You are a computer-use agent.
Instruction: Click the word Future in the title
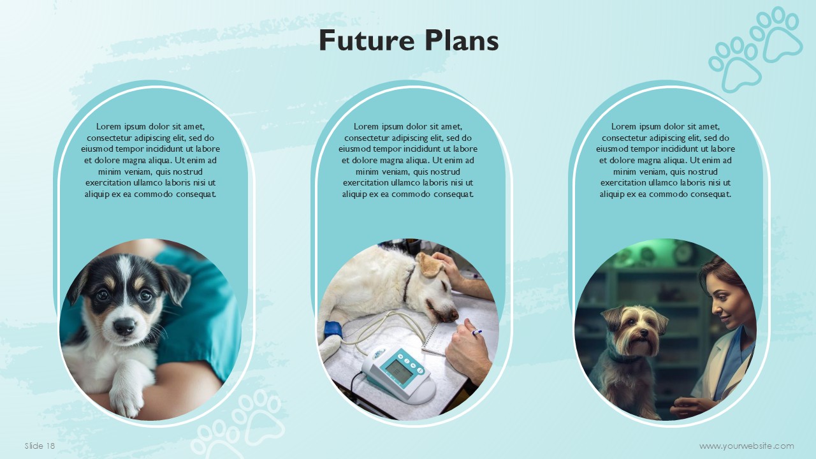pos(367,40)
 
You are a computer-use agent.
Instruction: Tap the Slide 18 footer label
pos(40,446)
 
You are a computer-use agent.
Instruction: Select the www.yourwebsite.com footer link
pos(747,446)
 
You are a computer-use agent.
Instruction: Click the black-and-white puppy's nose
pos(124,326)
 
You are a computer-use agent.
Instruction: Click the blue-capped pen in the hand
pos(477,332)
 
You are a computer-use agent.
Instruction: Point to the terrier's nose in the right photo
pos(643,333)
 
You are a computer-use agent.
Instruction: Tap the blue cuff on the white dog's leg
pos(333,330)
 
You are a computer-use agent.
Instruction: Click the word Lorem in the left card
pos(108,126)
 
